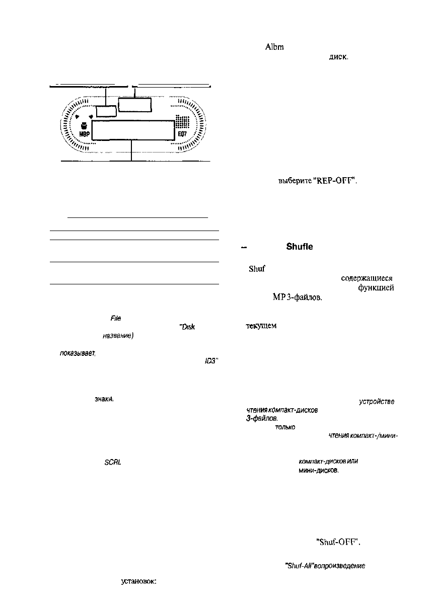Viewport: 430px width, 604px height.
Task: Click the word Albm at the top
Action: pos(274,47)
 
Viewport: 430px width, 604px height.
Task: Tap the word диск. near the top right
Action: pos(338,57)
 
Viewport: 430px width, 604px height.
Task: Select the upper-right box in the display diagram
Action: pos(134,105)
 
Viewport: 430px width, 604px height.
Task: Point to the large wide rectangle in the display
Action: pos(133,130)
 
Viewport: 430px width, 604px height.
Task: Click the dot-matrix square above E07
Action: pos(181,123)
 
